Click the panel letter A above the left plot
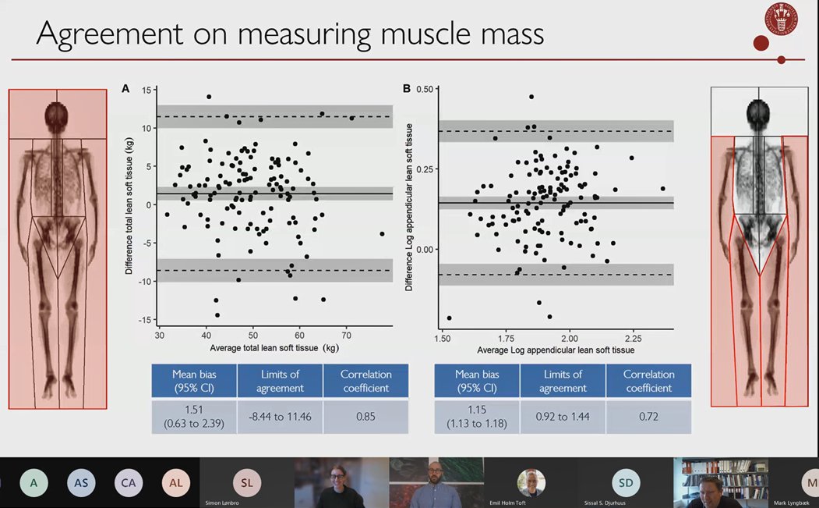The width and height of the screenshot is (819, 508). [125, 90]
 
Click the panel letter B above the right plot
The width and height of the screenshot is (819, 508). [407, 90]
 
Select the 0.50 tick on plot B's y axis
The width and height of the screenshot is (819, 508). [425, 90]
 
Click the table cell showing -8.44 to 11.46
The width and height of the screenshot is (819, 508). [280, 417]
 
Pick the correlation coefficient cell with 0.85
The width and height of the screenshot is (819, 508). [365, 417]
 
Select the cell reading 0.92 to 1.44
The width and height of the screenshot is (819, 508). [563, 417]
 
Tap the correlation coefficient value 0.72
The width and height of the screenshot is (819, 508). [649, 417]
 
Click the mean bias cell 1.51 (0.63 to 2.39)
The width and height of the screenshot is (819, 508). [194, 417]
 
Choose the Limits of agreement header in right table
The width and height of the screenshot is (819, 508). [563, 381]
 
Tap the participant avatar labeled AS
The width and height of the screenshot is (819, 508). [81, 483]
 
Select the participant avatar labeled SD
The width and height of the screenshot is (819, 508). [626, 483]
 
